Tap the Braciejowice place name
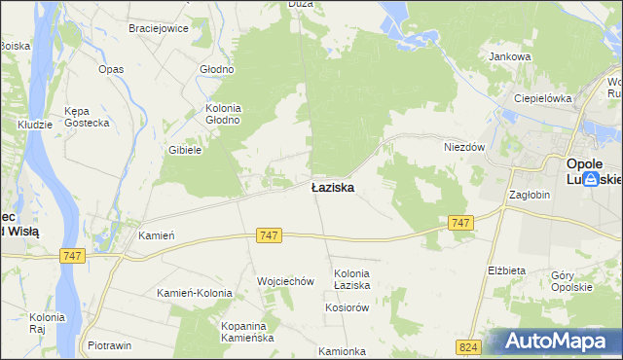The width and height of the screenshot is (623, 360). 159,28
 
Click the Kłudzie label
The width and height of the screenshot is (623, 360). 35,125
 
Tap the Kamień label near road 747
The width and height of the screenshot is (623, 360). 156,235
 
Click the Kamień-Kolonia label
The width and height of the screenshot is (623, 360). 195,293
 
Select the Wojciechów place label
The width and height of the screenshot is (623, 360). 285,281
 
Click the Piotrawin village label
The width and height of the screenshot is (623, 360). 109,345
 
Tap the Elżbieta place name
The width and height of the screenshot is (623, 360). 506,270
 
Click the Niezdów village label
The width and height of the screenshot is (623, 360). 464,147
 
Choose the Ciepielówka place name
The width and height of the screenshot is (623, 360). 542,98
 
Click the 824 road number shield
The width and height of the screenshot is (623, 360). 467,346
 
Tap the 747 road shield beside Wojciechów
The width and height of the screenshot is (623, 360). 271,235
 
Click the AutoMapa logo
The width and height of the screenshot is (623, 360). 551,342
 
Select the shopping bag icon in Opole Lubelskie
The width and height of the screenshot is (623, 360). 591,194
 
